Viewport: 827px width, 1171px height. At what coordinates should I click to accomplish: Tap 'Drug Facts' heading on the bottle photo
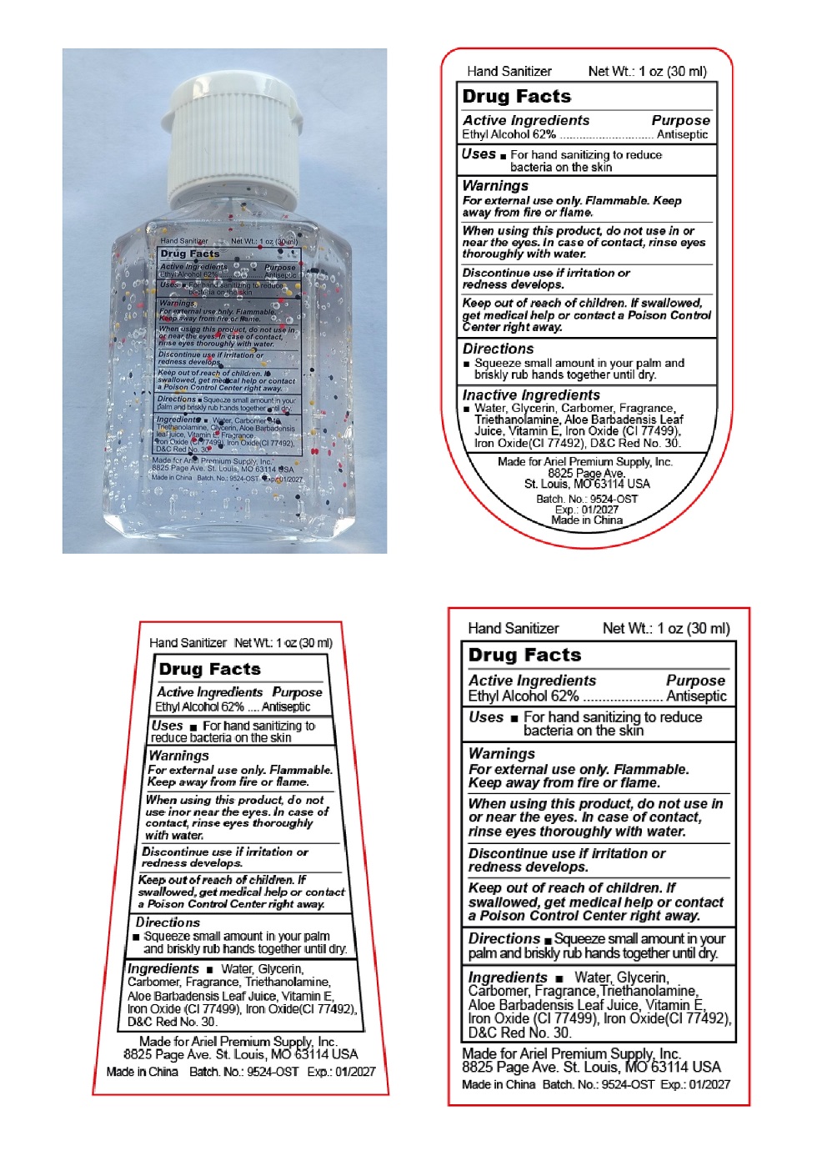click(190, 254)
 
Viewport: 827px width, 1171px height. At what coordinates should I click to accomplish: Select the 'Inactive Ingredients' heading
click(531, 395)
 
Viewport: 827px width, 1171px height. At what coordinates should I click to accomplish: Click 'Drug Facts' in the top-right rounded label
click(517, 97)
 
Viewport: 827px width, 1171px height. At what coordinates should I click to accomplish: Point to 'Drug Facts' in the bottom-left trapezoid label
click(209, 669)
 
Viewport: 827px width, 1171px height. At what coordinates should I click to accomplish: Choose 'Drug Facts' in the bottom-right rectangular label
click(524, 655)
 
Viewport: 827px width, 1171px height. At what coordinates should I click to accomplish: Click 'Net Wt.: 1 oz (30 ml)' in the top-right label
click(647, 72)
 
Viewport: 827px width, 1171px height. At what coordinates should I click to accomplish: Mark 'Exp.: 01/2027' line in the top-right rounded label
click(587, 510)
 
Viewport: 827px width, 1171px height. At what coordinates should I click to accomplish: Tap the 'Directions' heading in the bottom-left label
click(168, 922)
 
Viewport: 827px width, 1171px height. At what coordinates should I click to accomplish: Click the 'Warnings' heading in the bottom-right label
click(502, 753)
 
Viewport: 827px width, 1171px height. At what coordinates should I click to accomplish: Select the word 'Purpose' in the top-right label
click(680, 120)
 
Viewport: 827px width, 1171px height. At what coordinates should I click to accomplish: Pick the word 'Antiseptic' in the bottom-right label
click(696, 696)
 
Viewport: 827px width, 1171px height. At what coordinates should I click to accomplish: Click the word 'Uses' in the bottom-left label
click(167, 726)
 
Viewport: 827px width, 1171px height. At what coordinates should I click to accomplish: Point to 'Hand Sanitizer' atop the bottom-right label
click(514, 629)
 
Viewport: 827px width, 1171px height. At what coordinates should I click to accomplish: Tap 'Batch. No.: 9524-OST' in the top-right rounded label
click(587, 499)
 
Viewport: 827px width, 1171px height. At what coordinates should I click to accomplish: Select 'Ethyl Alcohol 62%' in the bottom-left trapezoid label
click(199, 706)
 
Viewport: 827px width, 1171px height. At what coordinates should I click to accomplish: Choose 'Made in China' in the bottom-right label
click(499, 1084)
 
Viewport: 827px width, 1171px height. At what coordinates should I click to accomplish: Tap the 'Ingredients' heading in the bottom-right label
click(508, 978)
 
